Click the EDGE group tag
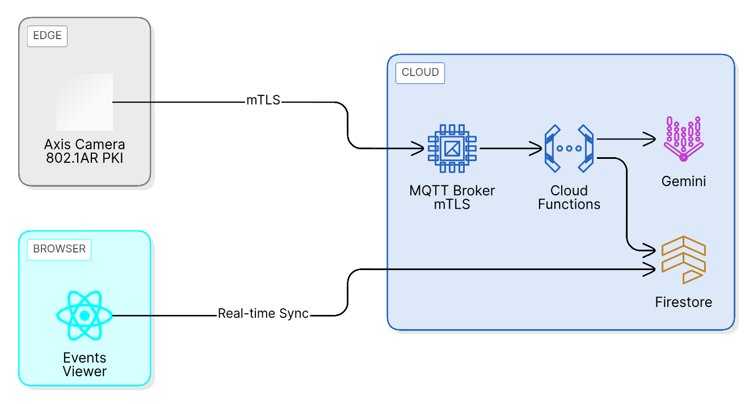pyautogui.click(x=47, y=36)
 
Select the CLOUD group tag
pyautogui.click(x=420, y=73)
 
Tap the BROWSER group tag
pyautogui.click(x=59, y=249)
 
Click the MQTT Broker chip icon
pyautogui.click(x=452, y=149)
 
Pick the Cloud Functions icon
pyautogui.click(x=569, y=149)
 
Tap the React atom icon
pyautogui.click(x=85, y=315)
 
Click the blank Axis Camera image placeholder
pyautogui.click(x=85, y=102)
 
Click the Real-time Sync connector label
pyautogui.click(x=263, y=314)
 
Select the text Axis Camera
pyautogui.click(x=85, y=144)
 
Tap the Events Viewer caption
pyautogui.click(x=85, y=365)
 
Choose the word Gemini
pyautogui.click(x=683, y=182)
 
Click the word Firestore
pyautogui.click(x=683, y=302)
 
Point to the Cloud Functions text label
pyautogui.click(x=569, y=197)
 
